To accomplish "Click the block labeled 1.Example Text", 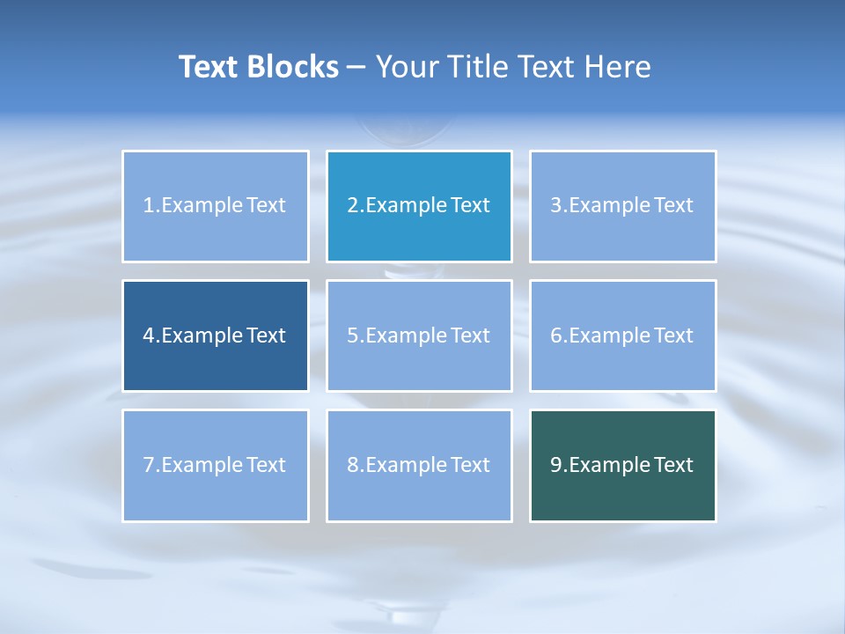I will [216, 206].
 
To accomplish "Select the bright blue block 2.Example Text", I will [419, 206].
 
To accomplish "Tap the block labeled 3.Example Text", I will [622, 206].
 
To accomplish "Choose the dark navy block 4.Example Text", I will [216, 335].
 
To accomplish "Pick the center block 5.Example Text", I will [419, 335].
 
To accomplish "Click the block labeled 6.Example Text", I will [622, 335].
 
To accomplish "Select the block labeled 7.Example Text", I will [216, 465].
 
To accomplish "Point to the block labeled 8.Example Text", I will [419, 465].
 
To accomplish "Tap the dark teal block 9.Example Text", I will [622, 465].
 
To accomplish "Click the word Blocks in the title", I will [297, 67].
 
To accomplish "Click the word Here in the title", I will [620, 67].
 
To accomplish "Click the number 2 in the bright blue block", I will [353, 206].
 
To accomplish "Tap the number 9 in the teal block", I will [556, 465].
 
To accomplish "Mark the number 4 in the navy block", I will [149, 335].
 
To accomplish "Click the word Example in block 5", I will [406, 335].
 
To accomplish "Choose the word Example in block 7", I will [202, 465].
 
